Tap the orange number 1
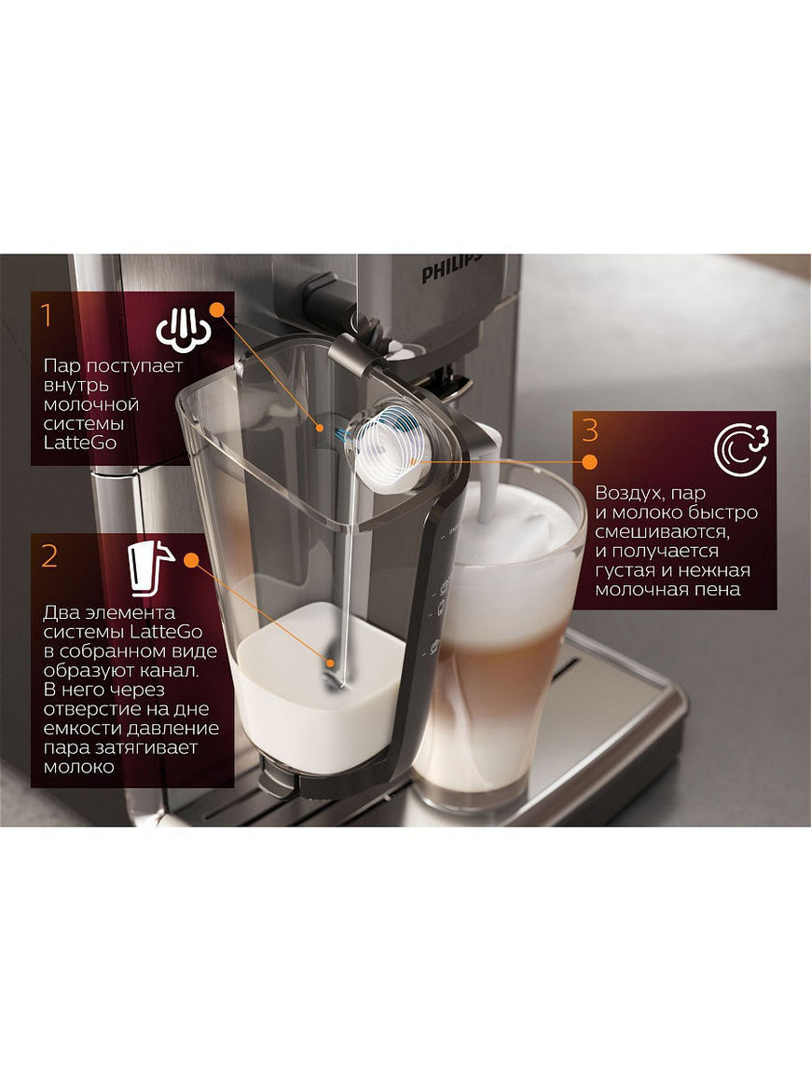pyautogui.click(x=47, y=315)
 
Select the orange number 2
pyautogui.click(x=49, y=555)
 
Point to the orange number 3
pyautogui.click(x=590, y=430)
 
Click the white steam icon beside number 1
pyautogui.click(x=183, y=327)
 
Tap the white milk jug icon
pyautogui.click(x=150, y=568)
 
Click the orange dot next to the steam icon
pyautogui.click(x=217, y=309)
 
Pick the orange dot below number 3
pyautogui.click(x=590, y=462)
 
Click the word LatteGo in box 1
pyautogui.click(x=80, y=443)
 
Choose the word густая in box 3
pyautogui.click(x=626, y=571)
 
